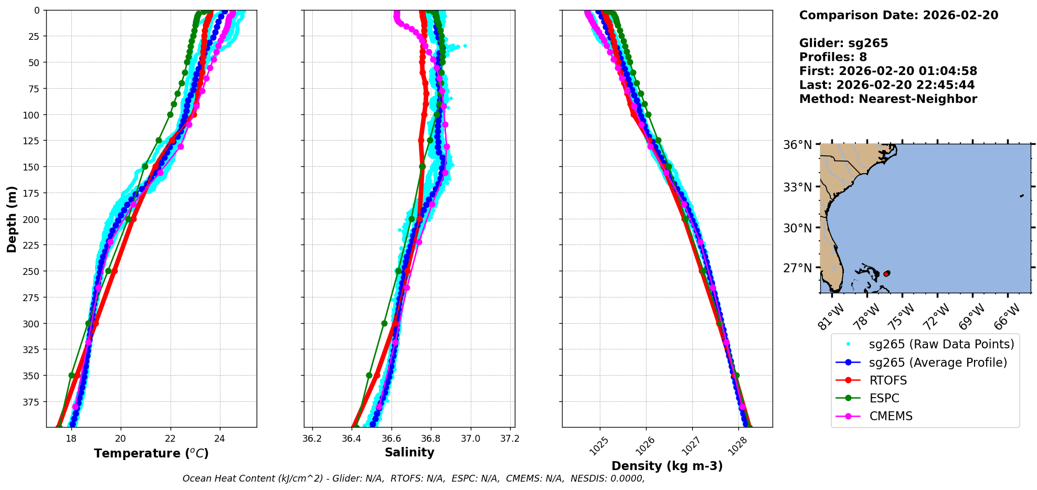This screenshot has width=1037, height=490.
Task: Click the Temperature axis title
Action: (x=151, y=453)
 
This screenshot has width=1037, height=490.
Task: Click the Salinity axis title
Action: (x=409, y=452)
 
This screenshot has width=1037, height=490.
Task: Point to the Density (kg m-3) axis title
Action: (x=667, y=466)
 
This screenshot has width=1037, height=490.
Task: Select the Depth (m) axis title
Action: (x=12, y=219)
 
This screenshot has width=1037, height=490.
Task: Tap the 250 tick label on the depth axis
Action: (x=32, y=271)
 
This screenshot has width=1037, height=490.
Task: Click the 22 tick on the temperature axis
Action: (x=170, y=439)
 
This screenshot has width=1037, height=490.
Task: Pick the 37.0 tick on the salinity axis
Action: (x=470, y=439)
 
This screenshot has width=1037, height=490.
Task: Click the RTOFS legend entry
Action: (x=888, y=380)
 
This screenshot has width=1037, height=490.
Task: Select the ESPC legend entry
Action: (x=884, y=398)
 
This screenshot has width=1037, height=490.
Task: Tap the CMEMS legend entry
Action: (x=891, y=416)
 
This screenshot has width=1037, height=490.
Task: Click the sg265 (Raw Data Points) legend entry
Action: (x=941, y=344)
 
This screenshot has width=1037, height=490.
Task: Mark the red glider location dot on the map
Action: (x=886, y=274)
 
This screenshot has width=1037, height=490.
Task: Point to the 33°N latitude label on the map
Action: (x=798, y=187)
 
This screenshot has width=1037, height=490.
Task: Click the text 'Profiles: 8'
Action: (x=833, y=57)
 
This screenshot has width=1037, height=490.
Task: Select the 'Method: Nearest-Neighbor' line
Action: (x=888, y=99)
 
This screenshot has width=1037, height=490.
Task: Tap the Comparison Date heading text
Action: (x=898, y=15)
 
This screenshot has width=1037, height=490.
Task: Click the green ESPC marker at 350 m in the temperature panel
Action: (x=72, y=375)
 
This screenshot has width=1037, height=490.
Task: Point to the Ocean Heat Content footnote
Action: (x=414, y=478)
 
